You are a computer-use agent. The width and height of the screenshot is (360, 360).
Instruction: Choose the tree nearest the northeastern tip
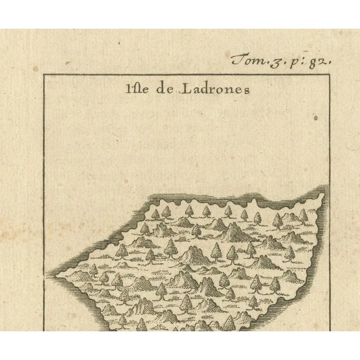[x=304, y=215]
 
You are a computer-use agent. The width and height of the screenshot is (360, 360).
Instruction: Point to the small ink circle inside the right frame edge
[x=316, y=119]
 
